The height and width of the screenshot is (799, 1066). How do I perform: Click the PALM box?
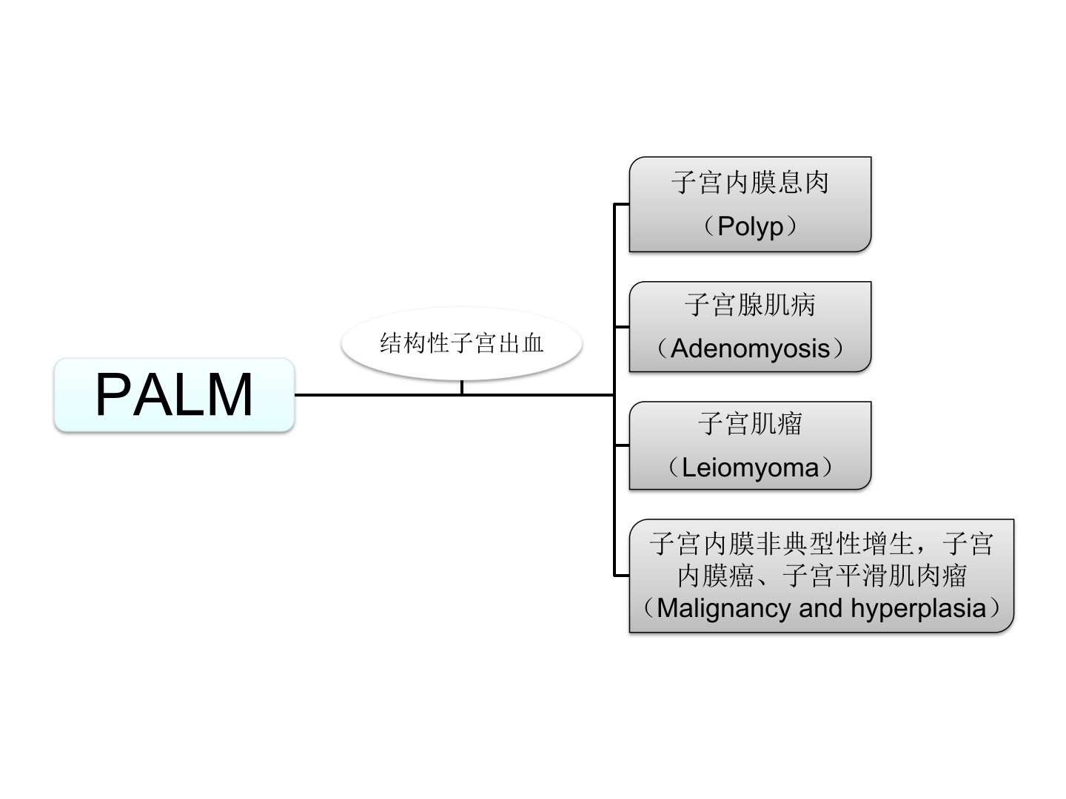pos(174,394)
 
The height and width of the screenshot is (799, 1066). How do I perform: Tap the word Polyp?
pos(750,226)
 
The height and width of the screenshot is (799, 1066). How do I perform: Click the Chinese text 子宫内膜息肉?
pos(750,183)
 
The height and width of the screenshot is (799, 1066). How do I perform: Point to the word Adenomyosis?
pos(750,348)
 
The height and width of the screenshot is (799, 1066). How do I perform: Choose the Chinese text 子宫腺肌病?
pos(750,305)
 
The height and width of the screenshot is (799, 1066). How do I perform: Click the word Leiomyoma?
pos(750,468)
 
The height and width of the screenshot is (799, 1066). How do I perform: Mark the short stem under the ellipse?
pos(462,387)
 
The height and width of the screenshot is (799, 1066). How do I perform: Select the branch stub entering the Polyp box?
pos(622,203)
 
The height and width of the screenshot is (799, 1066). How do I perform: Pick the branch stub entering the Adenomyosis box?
pos(622,326)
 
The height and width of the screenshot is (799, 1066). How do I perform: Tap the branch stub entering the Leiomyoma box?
pos(622,445)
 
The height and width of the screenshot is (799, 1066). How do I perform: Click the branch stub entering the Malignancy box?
pos(622,575)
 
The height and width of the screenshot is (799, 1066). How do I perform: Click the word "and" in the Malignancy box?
pos(820,608)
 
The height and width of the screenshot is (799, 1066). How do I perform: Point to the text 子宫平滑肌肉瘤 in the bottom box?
pos(874,576)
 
